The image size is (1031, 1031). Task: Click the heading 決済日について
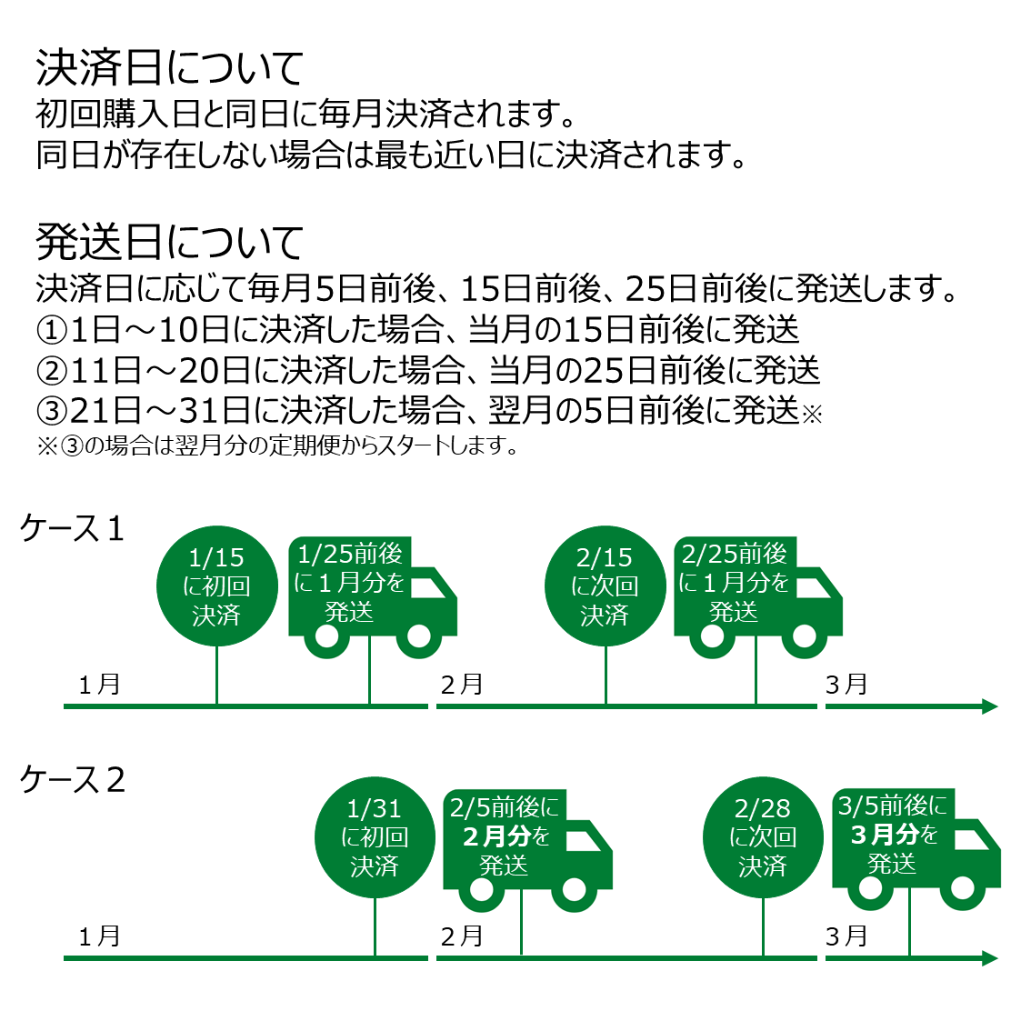169,68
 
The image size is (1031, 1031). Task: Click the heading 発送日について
169,242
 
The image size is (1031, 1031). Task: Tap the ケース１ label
73,528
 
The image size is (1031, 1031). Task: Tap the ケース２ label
73,780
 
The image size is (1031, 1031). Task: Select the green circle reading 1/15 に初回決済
216,586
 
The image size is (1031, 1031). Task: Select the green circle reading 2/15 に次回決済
605,586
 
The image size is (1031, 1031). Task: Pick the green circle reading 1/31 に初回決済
375,837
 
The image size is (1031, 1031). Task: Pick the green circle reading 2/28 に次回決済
763,837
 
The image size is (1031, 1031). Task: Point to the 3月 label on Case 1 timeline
846,685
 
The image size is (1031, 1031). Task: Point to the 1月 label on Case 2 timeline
99,936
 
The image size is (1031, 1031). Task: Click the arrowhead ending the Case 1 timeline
990,706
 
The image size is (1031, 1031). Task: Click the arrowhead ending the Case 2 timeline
990,958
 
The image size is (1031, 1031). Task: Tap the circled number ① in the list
52,329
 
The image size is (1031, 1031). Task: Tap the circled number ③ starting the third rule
52,411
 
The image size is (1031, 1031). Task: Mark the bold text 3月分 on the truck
884,835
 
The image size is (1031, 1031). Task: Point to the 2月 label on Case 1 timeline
461,685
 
